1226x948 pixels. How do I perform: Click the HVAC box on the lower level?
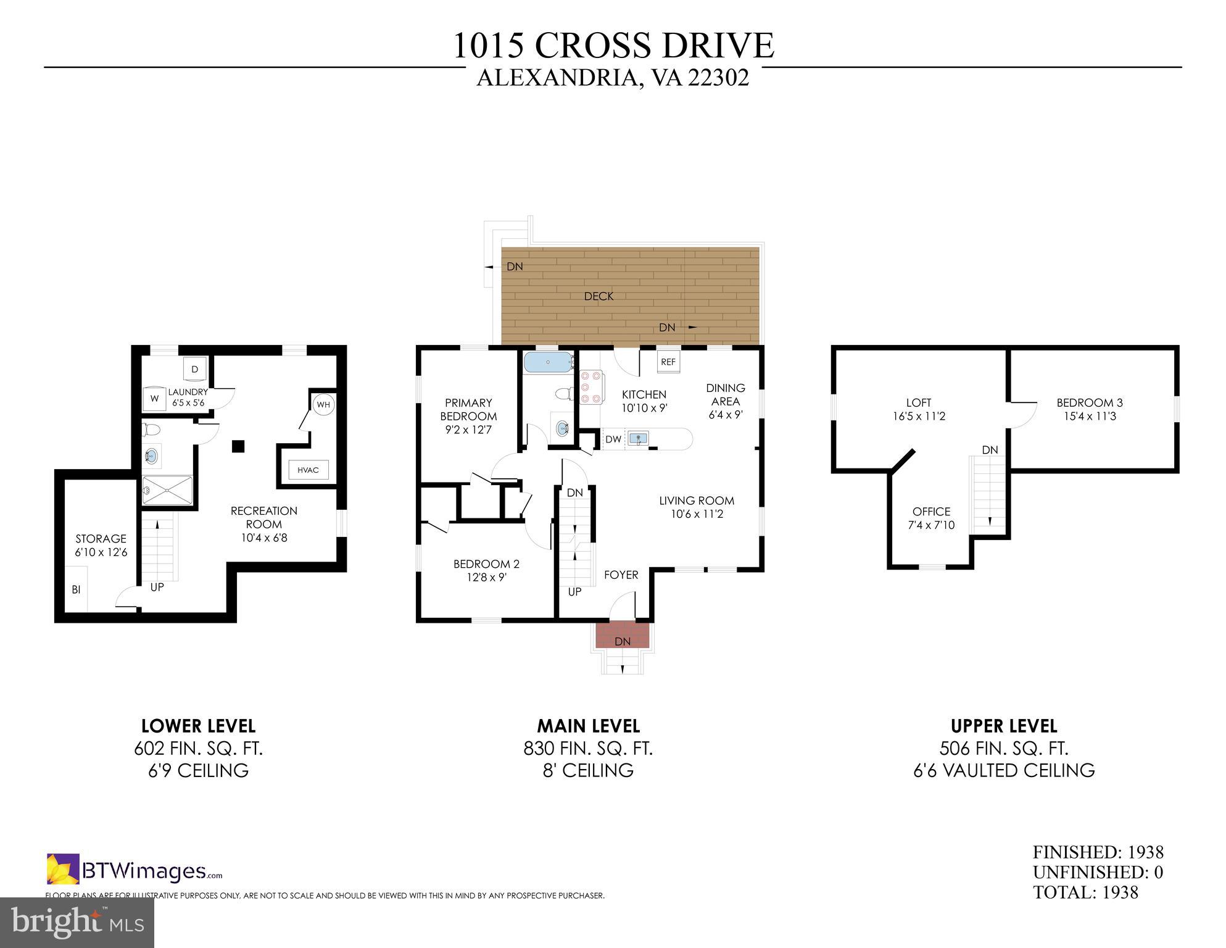(309, 470)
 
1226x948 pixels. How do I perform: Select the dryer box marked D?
(195, 370)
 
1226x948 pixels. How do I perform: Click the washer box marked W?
(155, 399)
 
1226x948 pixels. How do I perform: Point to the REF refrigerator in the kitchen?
(668, 362)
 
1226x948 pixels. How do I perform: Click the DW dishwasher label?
(613, 439)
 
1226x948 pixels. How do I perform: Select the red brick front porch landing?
(623, 635)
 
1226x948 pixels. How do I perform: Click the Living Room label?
(697, 501)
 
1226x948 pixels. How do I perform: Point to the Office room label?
(931, 512)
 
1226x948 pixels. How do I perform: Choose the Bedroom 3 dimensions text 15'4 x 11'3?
(1090, 417)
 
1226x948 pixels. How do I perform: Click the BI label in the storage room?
(77, 590)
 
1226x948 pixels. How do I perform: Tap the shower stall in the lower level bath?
(167, 491)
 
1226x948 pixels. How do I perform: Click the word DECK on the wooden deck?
(599, 296)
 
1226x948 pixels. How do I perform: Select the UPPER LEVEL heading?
(1004, 726)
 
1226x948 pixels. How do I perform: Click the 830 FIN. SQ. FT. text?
(588, 749)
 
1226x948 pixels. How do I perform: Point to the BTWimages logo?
(135, 870)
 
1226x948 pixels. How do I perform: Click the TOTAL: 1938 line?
(1085, 892)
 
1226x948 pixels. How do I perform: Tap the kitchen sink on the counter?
(639, 439)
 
